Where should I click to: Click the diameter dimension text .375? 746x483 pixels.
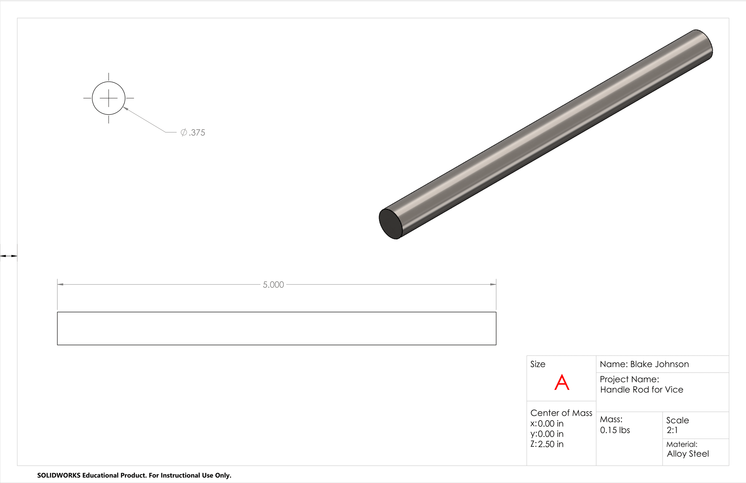[197, 132]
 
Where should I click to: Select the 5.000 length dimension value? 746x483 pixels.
[273, 284]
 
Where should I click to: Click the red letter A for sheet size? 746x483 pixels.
[562, 382]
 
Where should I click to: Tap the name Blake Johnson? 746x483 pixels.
[659, 364]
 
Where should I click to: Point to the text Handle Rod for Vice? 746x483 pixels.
[642, 390]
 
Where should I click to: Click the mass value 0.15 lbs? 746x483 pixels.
[615, 430]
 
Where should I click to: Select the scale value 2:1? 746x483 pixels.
[672, 430]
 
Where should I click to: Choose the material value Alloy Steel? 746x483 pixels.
[688, 454]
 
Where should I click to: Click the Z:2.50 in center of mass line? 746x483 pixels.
[547, 444]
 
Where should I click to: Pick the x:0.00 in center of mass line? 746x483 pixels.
[547, 424]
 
